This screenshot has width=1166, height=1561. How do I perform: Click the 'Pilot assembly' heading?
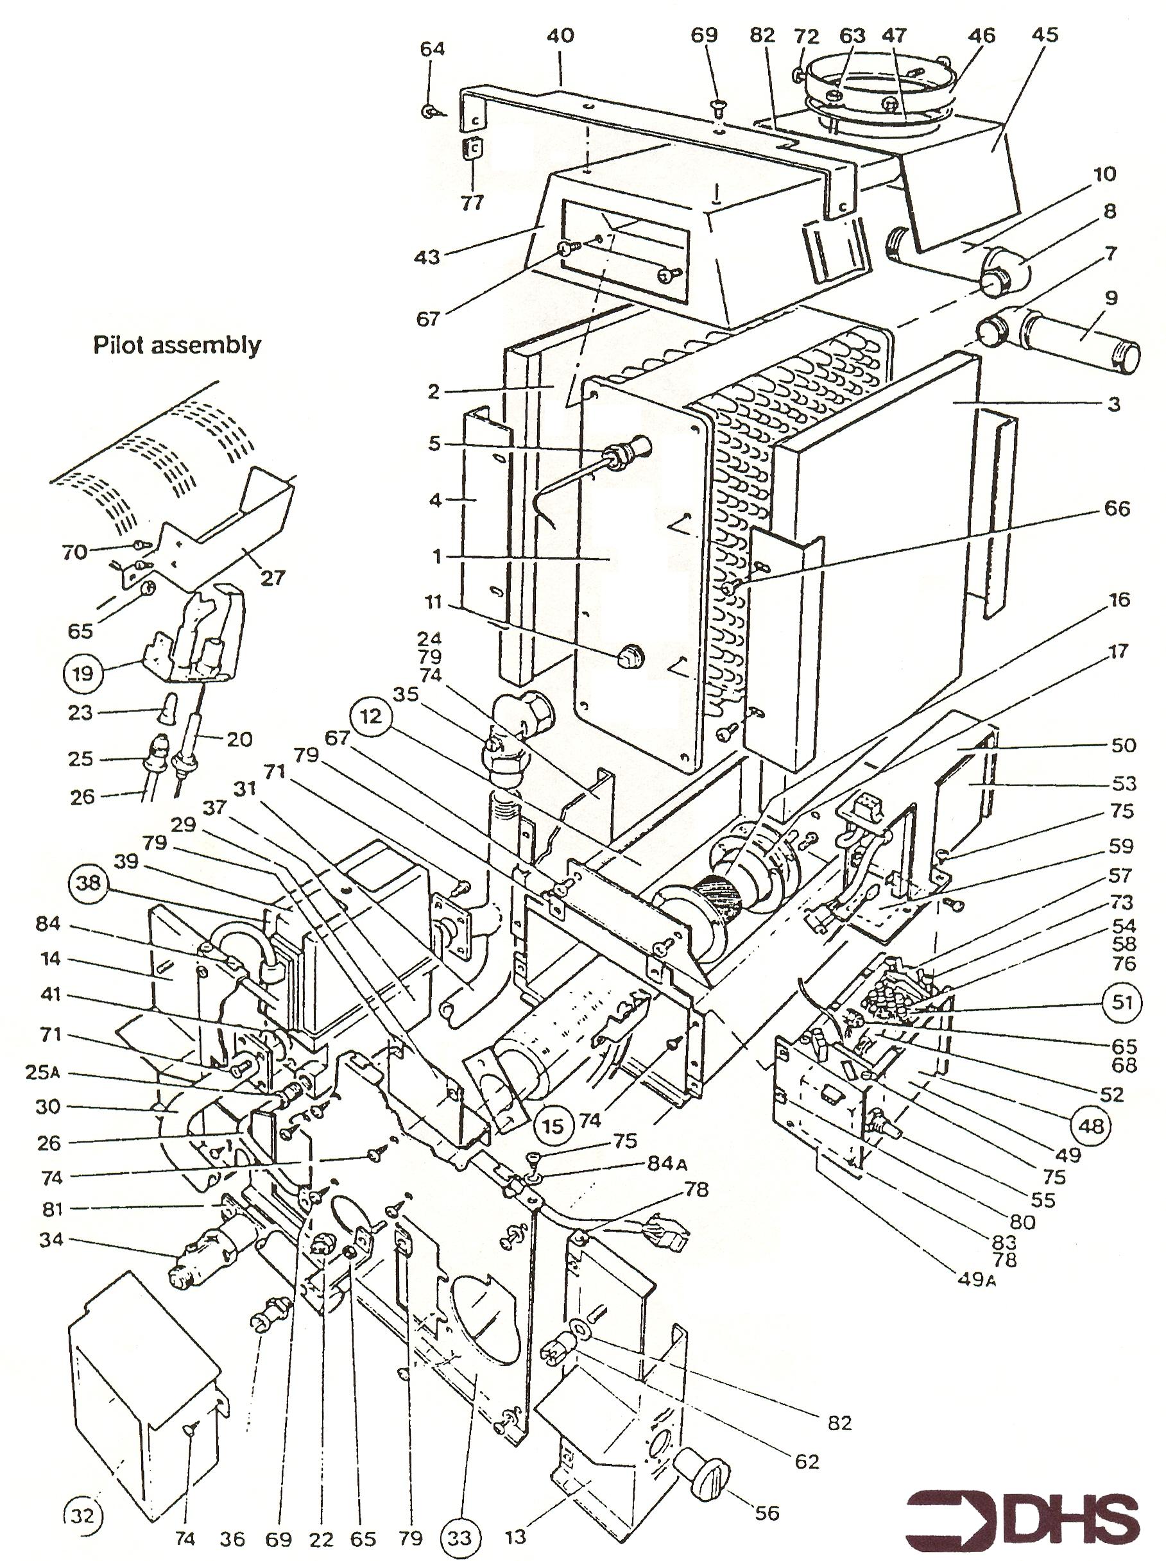click(x=176, y=346)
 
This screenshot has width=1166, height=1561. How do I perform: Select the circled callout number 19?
click(x=83, y=672)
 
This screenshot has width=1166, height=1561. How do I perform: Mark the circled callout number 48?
click(x=1091, y=1125)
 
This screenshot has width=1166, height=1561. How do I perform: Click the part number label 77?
click(x=472, y=203)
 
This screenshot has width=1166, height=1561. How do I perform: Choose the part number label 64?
click(x=433, y=49)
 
